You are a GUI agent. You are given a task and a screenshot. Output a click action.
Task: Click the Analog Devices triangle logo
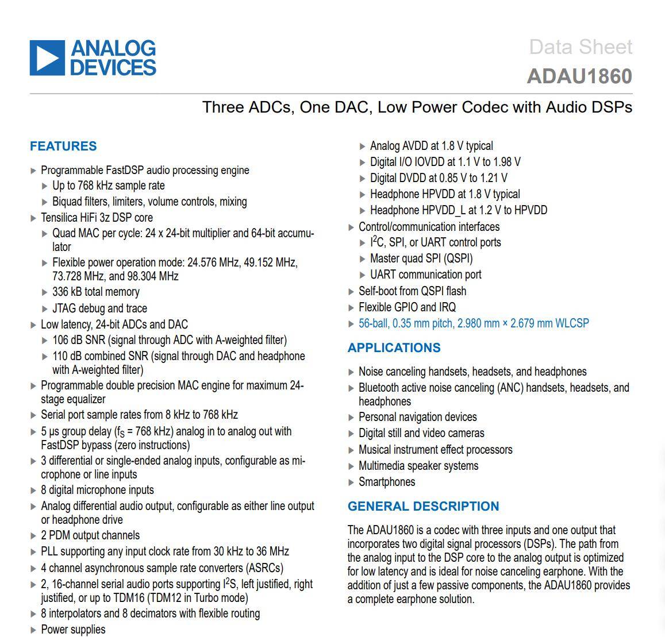[x=47, y=57]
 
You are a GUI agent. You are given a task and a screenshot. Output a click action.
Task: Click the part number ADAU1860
[x=579, y=76]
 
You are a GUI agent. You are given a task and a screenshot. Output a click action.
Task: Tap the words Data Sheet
[x=581, y=47]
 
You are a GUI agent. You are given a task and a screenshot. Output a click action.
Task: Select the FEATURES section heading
[x=63, y=146]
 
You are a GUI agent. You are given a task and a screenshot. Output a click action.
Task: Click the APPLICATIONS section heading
[x=394, y=348]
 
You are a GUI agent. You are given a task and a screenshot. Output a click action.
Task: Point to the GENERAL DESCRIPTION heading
[x=423, y=506]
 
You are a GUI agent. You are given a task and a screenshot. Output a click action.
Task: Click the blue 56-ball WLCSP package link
[x=474, y=323]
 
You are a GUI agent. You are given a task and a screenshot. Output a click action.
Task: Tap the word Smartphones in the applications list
[x=387, y=482]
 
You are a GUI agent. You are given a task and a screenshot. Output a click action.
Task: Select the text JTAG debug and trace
[x=99, y=308]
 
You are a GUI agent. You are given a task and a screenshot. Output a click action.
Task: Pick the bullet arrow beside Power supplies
[x=33, y=630]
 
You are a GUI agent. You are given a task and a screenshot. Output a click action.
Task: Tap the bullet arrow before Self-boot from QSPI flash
[x=351, y=292]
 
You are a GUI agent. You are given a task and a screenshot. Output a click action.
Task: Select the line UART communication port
[x=425, y=275]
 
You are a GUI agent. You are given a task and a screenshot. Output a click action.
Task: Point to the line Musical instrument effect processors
[x=435, y=450]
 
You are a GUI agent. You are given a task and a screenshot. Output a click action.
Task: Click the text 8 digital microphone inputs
[x=97, y=490]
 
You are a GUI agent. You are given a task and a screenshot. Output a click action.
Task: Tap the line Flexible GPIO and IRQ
[x=407, y=307]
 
